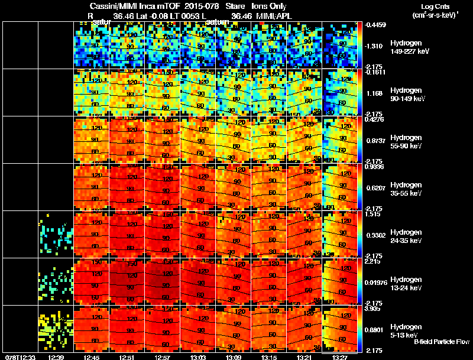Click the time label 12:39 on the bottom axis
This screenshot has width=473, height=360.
[x=57, y=356]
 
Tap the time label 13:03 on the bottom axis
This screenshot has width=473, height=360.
[x=199, y=356]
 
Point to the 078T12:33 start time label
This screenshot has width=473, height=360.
[x=20, y=356]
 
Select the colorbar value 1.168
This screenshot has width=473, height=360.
[x=374, y=93]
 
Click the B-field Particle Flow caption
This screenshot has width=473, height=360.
[x=441, y=342]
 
